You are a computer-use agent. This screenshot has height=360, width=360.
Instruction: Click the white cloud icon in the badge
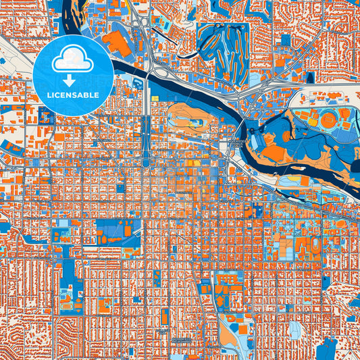click(73, 60)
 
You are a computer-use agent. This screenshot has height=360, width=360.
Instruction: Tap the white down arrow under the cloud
click(73, 80)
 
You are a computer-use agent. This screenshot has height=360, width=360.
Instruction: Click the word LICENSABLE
click(73, 95)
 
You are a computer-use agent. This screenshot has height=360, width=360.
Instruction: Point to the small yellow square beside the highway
click(155, 99)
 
